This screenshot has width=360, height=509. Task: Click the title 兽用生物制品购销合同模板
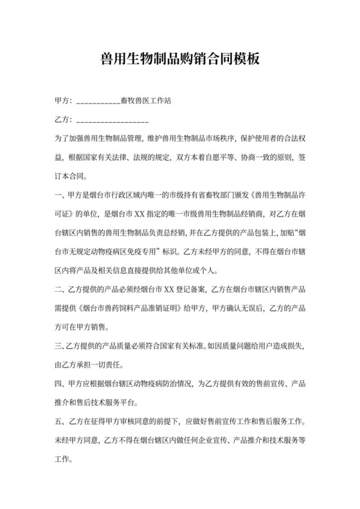pos(179,59)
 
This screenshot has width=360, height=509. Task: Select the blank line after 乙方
pos(113,120)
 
